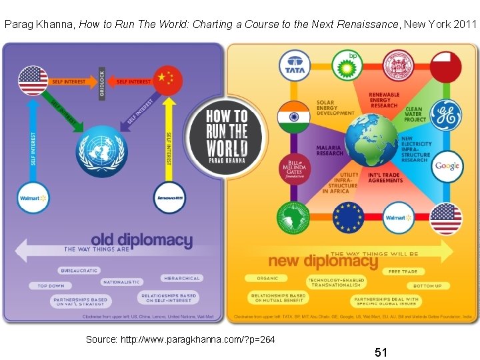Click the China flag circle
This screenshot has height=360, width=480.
point(167,81)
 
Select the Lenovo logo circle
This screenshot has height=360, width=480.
point(169,197)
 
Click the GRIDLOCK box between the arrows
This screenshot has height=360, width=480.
point(102,83)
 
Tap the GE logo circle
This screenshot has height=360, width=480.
point(445,115)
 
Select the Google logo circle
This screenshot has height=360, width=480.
point(447,166)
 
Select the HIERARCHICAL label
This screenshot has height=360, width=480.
point(181,278)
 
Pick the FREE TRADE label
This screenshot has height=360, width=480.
point(403,272)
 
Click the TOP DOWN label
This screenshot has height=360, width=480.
point(50,285)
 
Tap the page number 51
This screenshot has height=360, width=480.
point(381,351)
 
